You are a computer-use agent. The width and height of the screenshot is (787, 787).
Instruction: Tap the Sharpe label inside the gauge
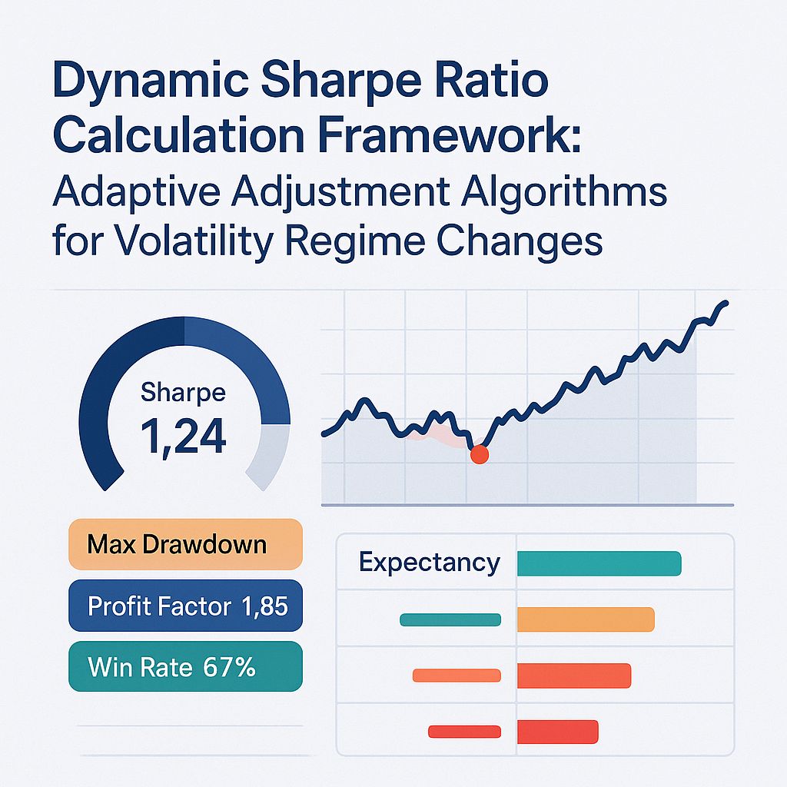pos(183,393)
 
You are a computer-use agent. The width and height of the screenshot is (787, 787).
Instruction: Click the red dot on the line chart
pos(479,454)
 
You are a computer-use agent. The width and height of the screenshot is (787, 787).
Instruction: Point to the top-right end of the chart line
pos(726,303)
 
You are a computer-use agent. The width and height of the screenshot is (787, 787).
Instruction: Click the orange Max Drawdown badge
pos(185,545)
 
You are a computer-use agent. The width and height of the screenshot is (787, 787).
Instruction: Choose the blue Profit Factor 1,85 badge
pos(185,606)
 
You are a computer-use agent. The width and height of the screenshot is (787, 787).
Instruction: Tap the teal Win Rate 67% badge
pos(185,666)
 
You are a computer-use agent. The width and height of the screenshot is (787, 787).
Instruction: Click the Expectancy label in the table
pos(429,563)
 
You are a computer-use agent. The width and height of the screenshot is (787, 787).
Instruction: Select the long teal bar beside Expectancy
pos(599,563)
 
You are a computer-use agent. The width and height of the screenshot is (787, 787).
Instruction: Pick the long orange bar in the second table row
pos(585,619)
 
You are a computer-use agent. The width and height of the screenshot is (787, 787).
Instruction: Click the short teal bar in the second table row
pos(450,619)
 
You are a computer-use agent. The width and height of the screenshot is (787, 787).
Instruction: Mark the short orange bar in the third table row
pos(457,676)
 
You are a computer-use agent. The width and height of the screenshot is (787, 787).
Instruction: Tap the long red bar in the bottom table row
pos(557,732)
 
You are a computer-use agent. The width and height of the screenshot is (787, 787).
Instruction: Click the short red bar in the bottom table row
pos(463,732)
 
